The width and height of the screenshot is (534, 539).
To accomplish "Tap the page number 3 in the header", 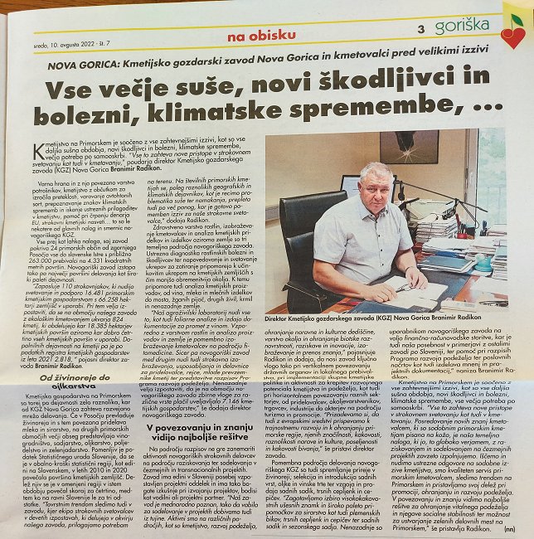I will [x=422, y=29].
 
